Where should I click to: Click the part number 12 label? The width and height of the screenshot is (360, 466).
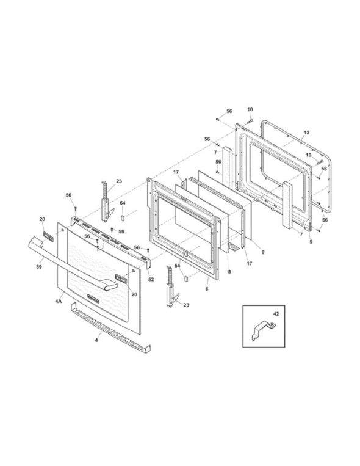pyautogui.click(x=306, y=133)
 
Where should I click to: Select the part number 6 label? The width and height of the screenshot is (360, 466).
pyautogui.click(x=207, y=289)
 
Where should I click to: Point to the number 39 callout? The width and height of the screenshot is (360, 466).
pyautogui.click(x=39, y=266)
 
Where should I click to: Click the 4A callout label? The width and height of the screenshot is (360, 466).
pyautogui.click(x=59, y=301)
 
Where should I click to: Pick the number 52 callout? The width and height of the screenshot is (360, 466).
pyautogui.click(x=151, y=279)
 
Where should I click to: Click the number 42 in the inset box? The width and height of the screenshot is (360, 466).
pyautogui.click(x=276, y=314)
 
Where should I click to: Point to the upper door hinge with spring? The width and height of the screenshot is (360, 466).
pyautogui.click(x=106, y=202)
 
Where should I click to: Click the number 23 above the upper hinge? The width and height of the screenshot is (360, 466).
pyautogui.click(x=119, y=181)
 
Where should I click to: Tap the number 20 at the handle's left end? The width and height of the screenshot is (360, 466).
pyautogui.click(x=42, y=219)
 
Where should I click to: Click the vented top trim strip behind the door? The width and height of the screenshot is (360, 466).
pyautogui.click(x=110, y=239)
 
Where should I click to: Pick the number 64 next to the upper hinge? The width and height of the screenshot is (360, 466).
pyautogui.click(x=123, y=203)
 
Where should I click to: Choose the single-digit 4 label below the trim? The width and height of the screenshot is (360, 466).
pyautogui.click(x=96, y=340)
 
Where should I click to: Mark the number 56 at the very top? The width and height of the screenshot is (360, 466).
pyautogui.click(x=229, y=111)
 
